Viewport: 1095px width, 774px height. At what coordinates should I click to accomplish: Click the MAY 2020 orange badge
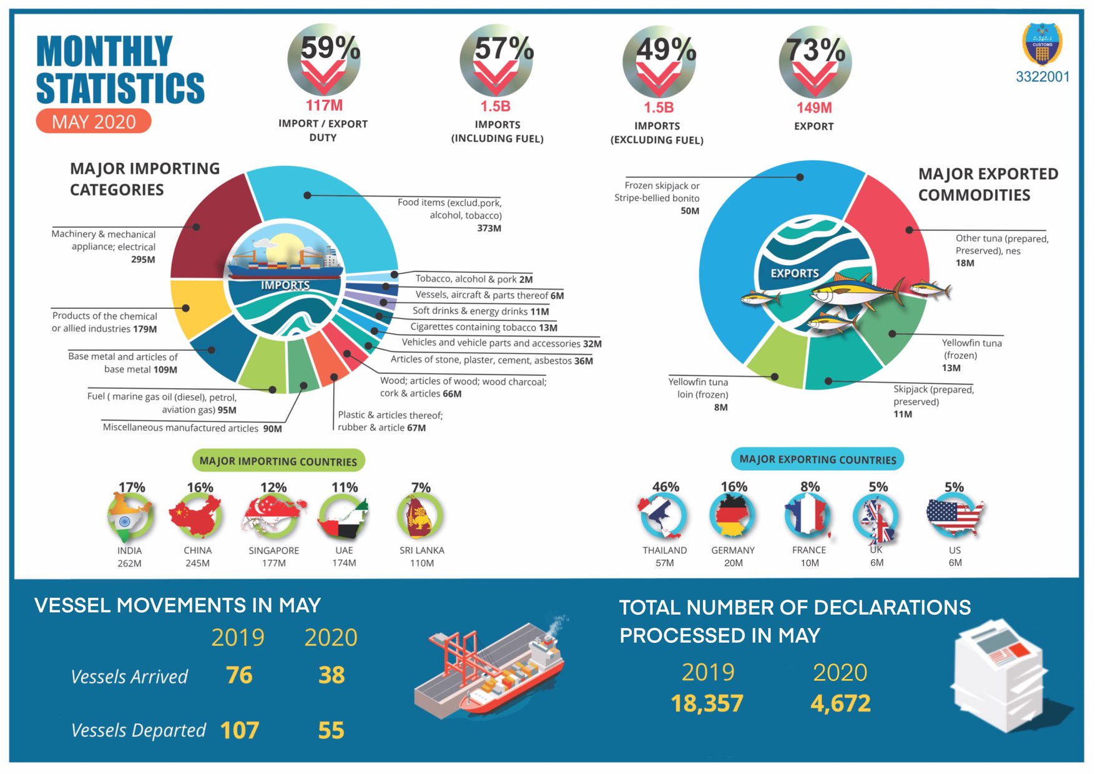(94, 121)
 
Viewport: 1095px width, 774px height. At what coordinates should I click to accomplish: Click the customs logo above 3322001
(1042, 44)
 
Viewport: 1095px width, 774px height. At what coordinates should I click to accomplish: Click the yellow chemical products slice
(197, 307)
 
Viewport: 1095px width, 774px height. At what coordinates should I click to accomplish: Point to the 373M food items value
(489, 228)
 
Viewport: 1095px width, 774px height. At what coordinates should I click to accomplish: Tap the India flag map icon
(130, 516)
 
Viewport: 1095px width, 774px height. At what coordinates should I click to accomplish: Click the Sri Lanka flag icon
(420, 516)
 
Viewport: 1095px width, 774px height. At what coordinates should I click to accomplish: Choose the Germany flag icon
(732, 516)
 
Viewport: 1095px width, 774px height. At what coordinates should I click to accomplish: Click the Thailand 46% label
(665, 487)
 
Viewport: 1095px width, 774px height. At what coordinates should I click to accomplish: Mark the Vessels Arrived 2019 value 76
(239, 675)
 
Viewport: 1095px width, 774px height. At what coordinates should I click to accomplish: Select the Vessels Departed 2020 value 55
(331, 730)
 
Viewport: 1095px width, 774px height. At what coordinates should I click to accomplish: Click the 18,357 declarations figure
(707, 703)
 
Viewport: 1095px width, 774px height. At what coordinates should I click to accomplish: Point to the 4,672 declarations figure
(840, 703)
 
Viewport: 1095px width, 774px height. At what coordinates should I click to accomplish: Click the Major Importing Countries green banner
(278, 461)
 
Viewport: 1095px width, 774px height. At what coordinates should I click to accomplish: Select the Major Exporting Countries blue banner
(817, 459)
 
